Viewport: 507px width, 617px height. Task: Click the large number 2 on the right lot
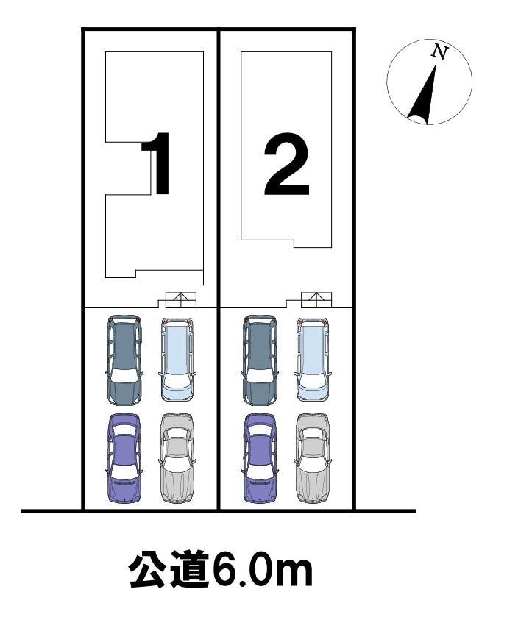(286, 164)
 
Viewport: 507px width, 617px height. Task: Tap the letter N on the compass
(440, 51)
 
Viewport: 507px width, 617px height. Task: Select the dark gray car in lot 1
(124, 360)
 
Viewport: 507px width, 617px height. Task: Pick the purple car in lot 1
(124, 457)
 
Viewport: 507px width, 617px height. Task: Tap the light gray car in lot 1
(177, 458)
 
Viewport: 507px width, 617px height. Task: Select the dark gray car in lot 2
(260, 360)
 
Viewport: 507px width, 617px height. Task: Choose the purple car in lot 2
(260, 457)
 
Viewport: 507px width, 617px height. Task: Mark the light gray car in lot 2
(313, 458)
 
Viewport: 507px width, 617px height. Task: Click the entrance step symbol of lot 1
(181, 300)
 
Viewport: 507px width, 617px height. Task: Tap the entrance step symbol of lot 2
(316, 300)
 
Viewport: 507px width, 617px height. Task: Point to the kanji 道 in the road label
(189, 570)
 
